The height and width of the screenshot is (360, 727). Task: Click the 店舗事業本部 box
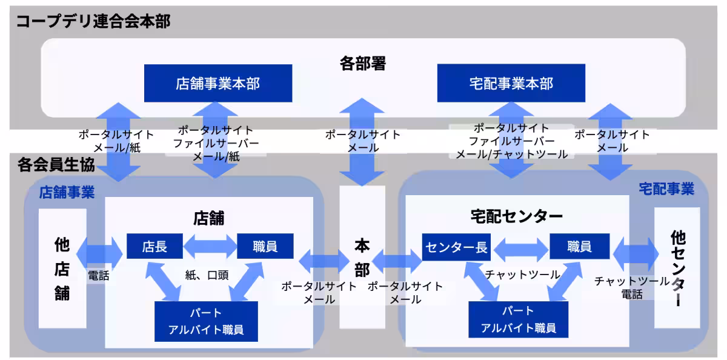217,83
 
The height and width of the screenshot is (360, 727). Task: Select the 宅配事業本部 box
511,83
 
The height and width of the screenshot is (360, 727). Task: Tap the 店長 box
154,247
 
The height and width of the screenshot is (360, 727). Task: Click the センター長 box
456,247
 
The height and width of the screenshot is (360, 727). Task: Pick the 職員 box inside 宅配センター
579,247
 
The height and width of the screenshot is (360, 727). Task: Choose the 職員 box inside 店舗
265,247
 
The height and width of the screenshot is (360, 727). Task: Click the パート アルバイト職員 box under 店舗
207,322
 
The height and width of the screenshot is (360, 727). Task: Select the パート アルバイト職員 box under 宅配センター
518,319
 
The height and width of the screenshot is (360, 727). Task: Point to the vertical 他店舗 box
62,268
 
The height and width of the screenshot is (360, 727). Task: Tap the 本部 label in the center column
362,257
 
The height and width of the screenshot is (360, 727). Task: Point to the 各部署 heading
362,63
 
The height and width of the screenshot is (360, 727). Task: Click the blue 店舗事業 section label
67,193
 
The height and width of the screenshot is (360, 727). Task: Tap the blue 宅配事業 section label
666,189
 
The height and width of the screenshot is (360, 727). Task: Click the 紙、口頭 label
207,275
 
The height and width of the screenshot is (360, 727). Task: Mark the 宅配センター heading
516,216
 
